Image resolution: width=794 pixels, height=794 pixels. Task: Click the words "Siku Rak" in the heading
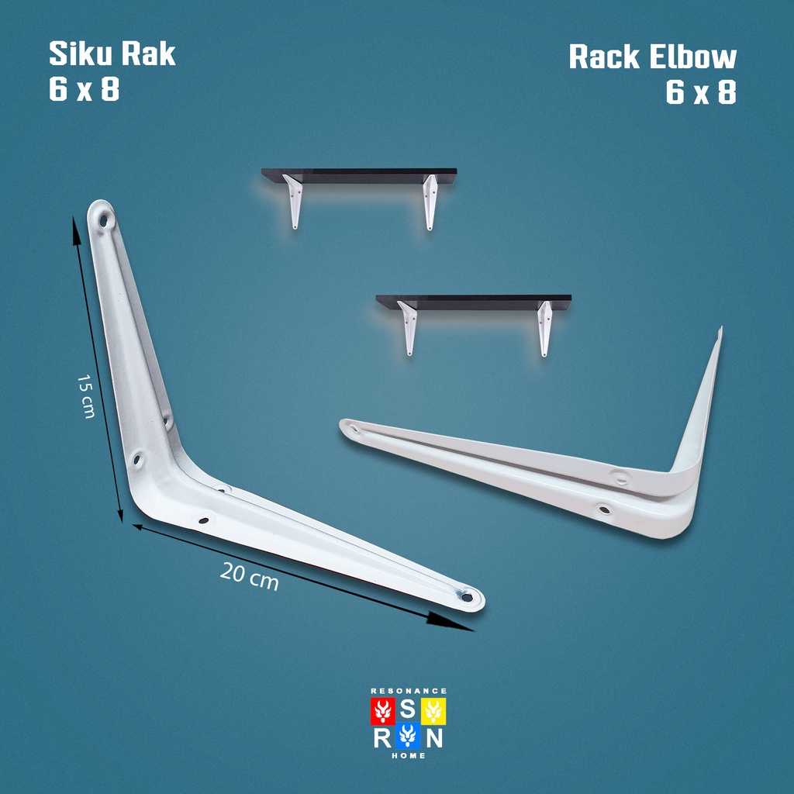point(112,54)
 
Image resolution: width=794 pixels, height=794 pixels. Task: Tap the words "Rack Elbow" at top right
point(652,57)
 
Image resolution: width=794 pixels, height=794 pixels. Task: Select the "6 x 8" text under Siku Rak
point(84,90)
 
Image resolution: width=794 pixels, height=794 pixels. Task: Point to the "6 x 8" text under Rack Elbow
point(700,93)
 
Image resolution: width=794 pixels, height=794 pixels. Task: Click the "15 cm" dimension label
point(86,396)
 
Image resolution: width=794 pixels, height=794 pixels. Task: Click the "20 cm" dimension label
point(249,576)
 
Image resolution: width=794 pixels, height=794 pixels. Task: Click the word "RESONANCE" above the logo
point(408,690)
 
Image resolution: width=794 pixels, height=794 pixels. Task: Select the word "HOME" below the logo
point(408,756)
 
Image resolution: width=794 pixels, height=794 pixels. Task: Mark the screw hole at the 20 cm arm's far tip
point(466,597)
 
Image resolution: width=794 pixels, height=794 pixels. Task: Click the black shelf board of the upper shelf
point(359,176)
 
